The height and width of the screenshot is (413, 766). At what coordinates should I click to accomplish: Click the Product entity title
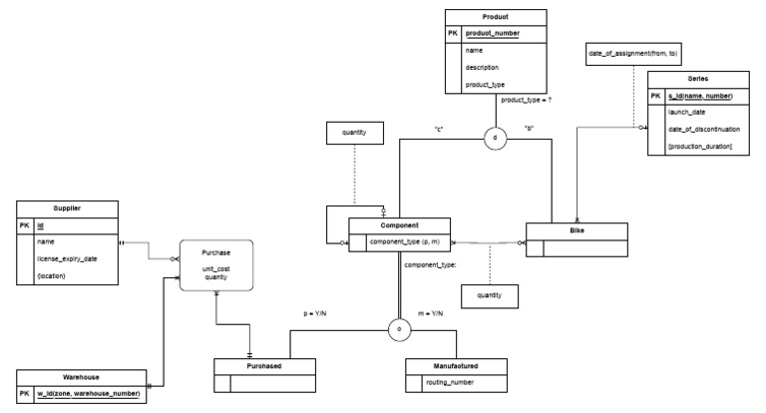pos(494,17)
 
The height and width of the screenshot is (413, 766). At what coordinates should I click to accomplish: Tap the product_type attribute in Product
pos(487,84)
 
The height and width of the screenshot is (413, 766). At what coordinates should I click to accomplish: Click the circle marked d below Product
pos(495,139)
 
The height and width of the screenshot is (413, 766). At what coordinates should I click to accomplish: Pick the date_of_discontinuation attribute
pos(703,130)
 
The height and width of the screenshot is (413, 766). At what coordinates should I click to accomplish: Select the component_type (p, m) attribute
pos(406,241)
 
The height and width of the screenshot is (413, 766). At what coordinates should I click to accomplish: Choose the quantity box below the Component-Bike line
pos(490,295)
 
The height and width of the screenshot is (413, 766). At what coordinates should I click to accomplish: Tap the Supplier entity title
pos(66,207)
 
